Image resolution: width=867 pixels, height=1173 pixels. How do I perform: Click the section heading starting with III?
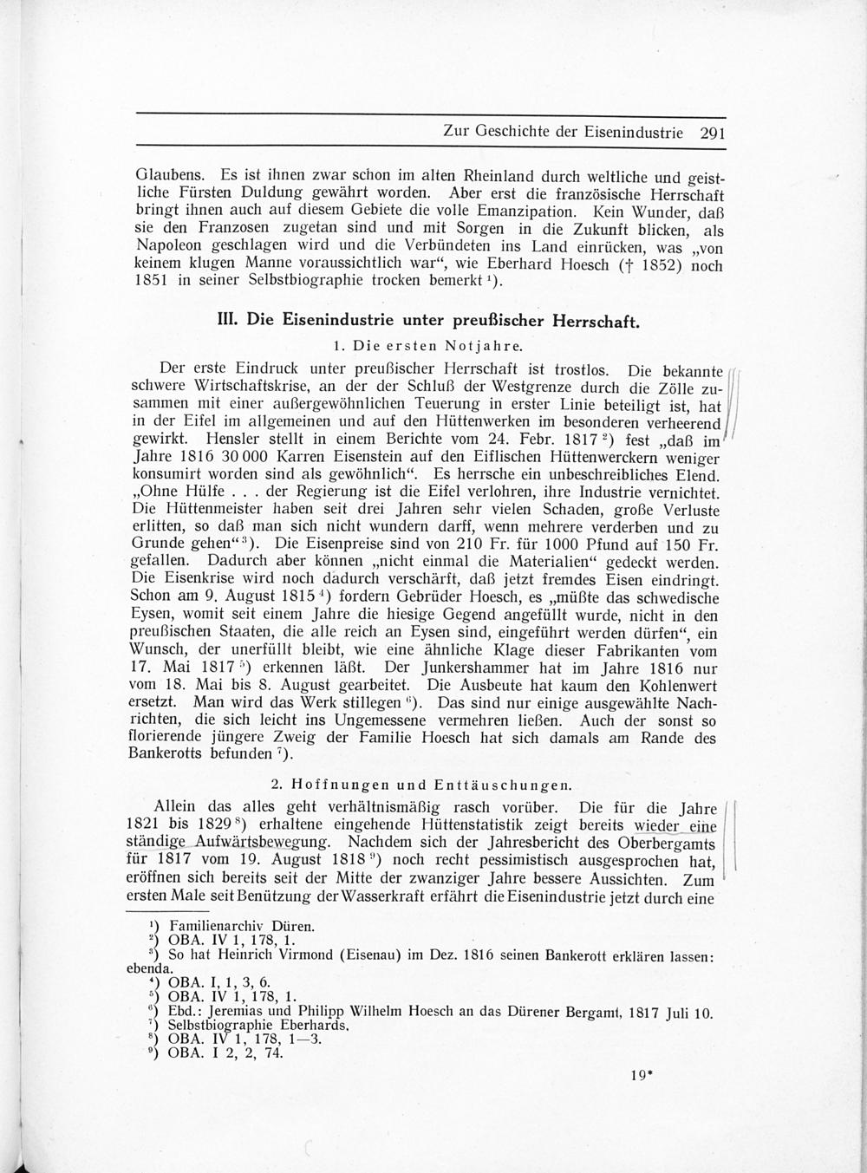(427, 320)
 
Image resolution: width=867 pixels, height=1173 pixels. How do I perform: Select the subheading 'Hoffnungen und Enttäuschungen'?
(420, 785)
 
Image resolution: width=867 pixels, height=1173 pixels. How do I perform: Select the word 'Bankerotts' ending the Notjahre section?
(170, 754)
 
